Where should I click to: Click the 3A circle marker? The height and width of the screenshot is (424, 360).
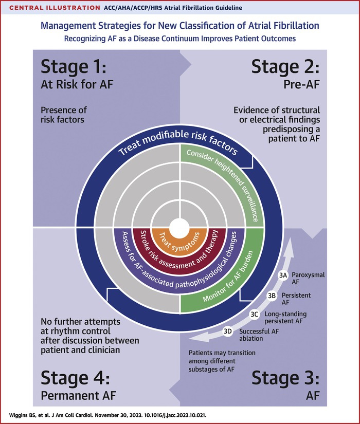283,276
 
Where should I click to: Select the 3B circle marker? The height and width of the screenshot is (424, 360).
272,296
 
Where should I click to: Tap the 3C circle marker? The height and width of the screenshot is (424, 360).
254,314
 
